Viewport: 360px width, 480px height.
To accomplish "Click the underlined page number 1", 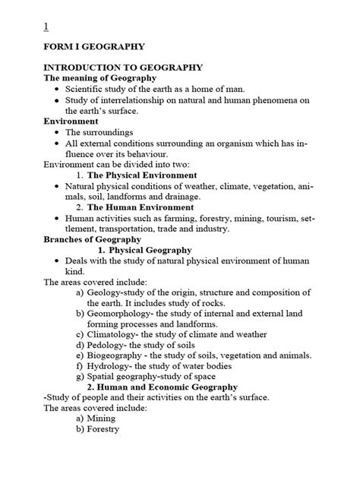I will click(46, 27).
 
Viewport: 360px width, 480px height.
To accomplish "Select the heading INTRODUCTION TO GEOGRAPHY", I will click(112, 67).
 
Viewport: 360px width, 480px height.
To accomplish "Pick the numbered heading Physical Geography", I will click(150, 250).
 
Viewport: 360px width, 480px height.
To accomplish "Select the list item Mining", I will click(103, 418).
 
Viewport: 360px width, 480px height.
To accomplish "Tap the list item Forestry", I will click(106, 428).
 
